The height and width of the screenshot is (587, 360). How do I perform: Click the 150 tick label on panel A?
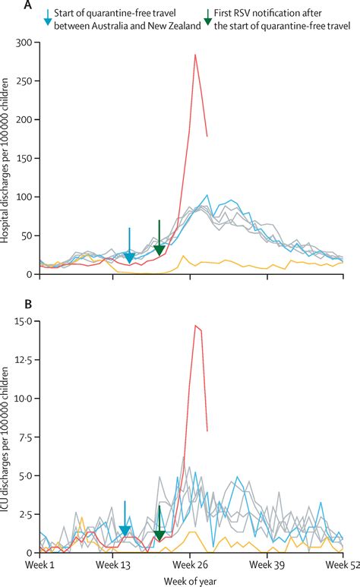27,159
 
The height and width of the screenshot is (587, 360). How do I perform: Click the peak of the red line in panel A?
195,55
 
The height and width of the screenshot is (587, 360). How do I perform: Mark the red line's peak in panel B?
196,326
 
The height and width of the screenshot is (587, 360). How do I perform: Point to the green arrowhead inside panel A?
159,250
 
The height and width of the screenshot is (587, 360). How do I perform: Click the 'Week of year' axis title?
192,580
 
